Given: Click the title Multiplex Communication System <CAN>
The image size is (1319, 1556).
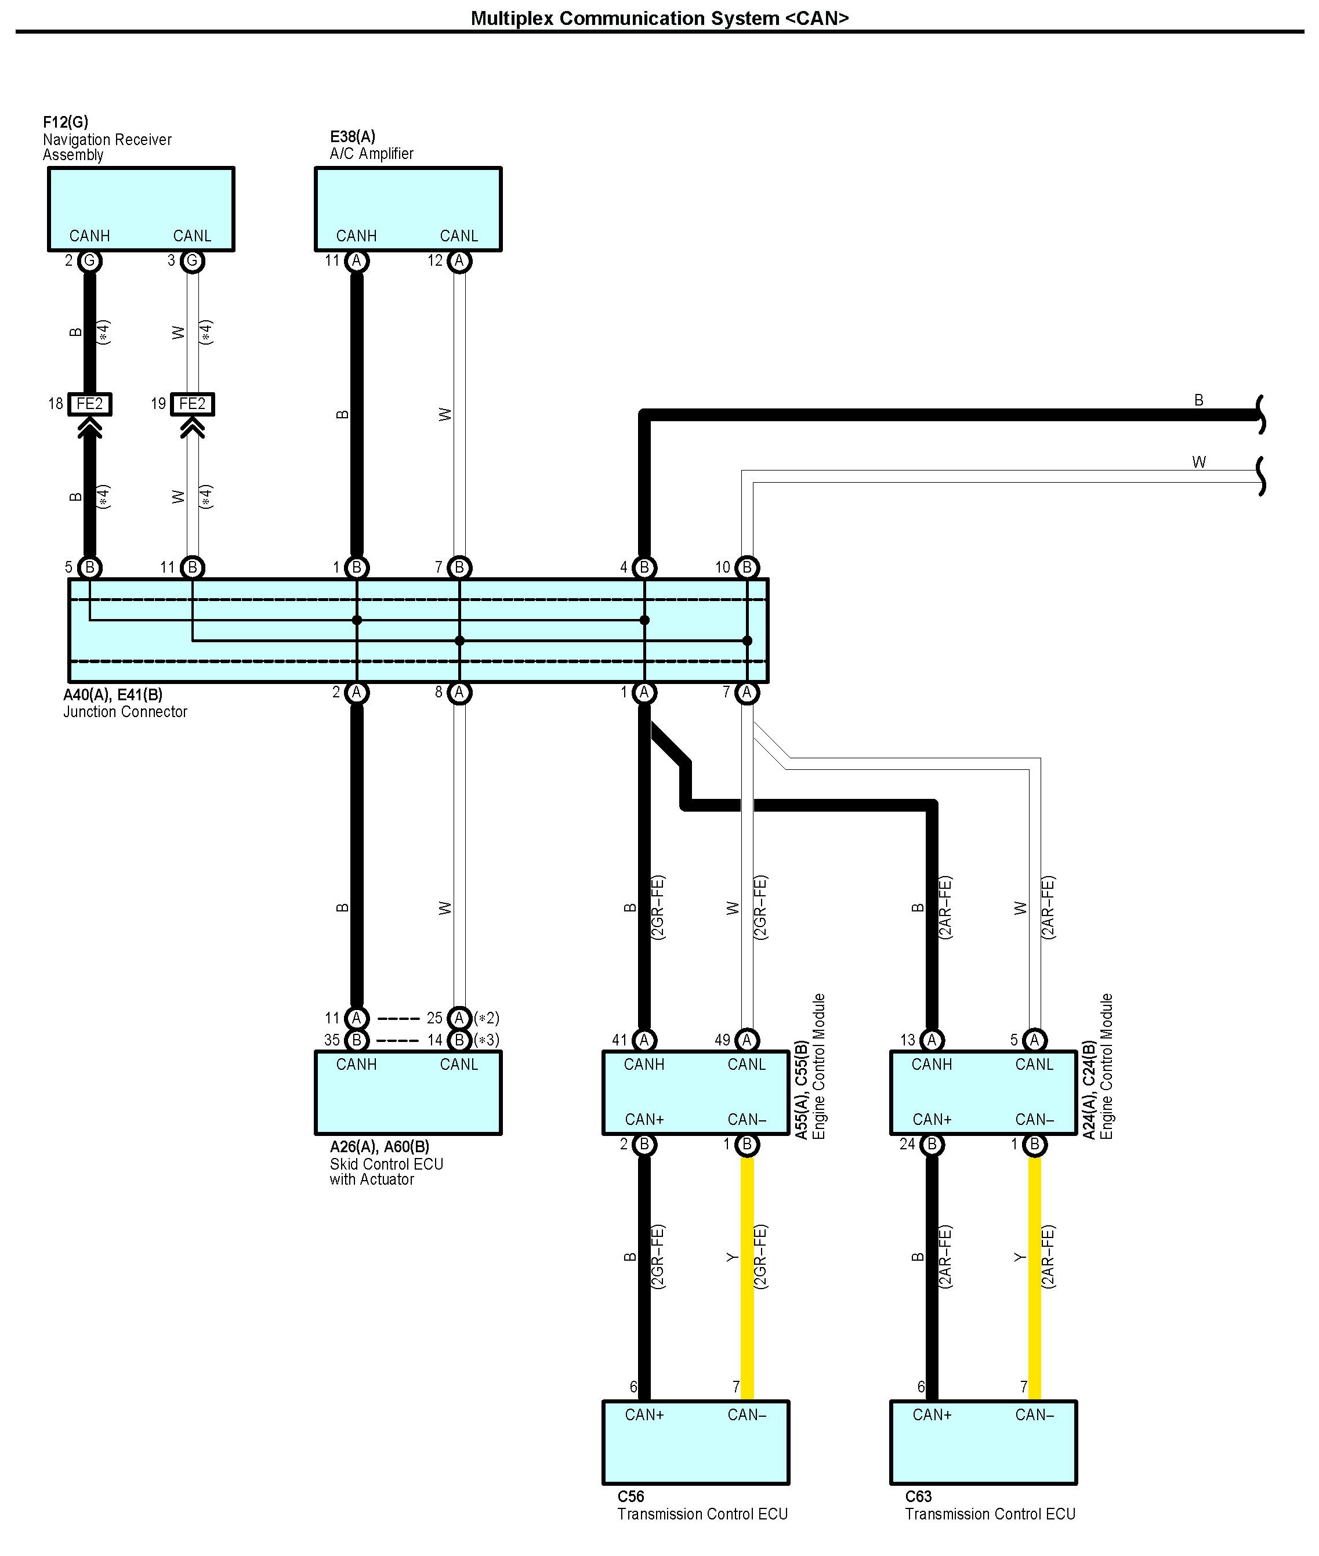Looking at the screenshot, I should pyautogui.click(x=659, y=18).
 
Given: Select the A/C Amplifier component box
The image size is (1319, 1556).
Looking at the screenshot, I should pyautogui.click(x=408, y=209).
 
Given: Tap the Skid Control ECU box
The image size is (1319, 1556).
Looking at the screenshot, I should pyautogui.click(x=408, y=1092).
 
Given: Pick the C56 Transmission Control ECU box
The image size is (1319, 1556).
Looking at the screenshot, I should pyautogui.click(x=696, y=1442).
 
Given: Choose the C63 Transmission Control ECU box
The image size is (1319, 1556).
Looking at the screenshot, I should pyautogui.click(x=983, y=1442).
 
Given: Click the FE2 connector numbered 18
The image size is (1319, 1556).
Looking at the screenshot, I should pyautogui.click(x=90, y=404).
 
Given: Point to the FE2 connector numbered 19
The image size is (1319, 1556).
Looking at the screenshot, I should pyautogui.click(x=192, y=404).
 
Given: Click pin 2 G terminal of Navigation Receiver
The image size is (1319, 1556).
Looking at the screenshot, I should pyautogui.click(x=90, y=261).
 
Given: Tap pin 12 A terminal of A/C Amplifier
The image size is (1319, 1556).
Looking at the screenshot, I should pyautogui.click(x=459, y=261).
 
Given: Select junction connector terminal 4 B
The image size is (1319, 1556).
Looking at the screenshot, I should pyautogui.click(x=644, y=567).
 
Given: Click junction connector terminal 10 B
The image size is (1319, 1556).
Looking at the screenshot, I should pyautogui.click(x=747, y=567).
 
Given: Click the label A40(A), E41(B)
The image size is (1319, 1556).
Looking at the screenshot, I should pyautogui.click(x=113, y=694).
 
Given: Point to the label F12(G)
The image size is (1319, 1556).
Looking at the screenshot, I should pyautogui.click(x=66, y=122).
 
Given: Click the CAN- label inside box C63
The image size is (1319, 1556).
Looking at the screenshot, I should pyautogui.click(x=1035, y=1414).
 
